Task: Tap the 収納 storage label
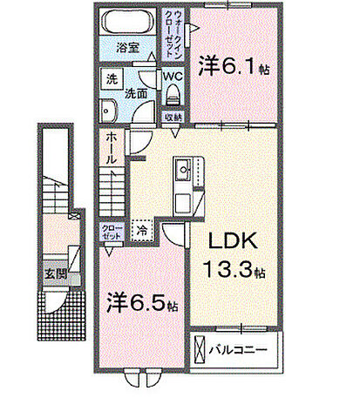[x=172, y=116]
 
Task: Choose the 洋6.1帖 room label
[x=230, y=65]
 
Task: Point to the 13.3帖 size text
[x=233, y=272]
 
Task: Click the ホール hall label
[x=112, y=149]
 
